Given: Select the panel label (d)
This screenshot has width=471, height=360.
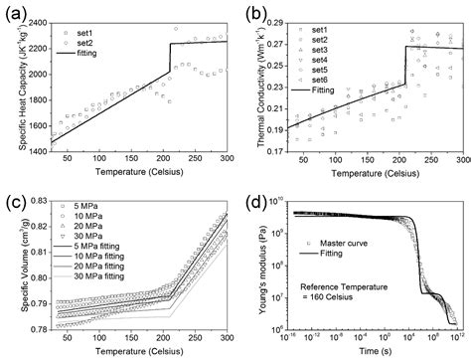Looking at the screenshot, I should pos(252,192).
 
